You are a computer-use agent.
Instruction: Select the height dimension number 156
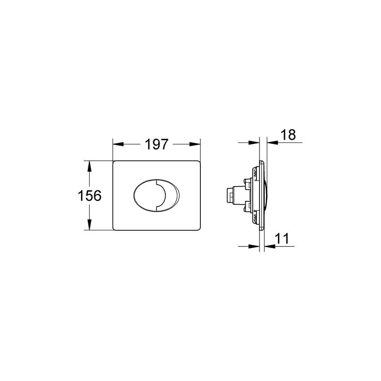90,195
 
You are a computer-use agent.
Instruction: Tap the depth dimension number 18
288,134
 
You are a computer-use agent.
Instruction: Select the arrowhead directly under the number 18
271,143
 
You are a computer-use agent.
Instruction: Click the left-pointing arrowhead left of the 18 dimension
255,143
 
